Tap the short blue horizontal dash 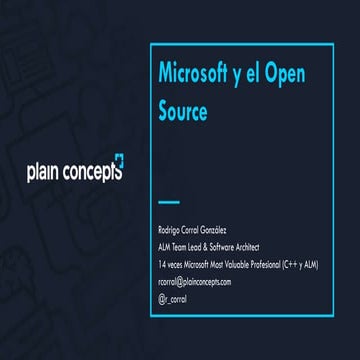click(169, 201)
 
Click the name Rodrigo click(172, 231)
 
